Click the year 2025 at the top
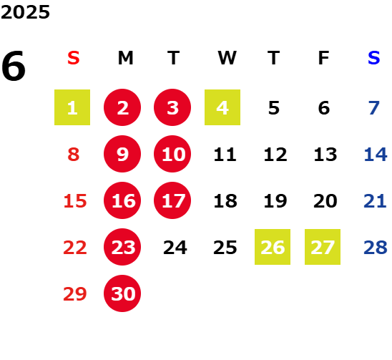(25, 12)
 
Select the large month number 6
(14, 66)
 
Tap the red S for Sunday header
(74, 58)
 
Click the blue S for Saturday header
(373, 58)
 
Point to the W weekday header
(227, 58)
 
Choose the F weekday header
(323, 58)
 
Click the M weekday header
(125, 58)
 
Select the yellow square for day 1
(72, 107)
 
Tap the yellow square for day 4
(222, 107)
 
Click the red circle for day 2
(122, 107)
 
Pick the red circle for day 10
(172, 154)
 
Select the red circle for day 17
(172, 200)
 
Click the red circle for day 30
(122, 293)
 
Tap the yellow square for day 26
(273, 247)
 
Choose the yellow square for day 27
(323, 247)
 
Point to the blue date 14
(376, 155)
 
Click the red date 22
(75, 248)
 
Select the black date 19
(275, 201)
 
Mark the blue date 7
(374, 108)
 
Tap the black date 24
(175, 248)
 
